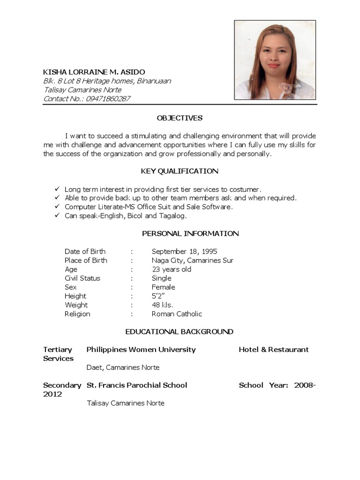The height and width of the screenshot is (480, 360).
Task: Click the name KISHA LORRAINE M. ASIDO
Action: (94, 72)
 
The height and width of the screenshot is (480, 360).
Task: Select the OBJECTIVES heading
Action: (180, 118)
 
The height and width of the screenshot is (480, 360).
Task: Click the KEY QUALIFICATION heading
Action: (180, 171)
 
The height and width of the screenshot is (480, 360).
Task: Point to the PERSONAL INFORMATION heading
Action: (190, 233)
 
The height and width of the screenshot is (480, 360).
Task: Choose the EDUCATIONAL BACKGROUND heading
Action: (180, 331)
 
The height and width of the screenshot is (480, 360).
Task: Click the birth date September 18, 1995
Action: (184, 251)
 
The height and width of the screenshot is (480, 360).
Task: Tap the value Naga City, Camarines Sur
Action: (192, 260)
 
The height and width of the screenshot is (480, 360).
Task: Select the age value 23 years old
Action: (172, 269)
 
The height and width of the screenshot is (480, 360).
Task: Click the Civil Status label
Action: (82, 278)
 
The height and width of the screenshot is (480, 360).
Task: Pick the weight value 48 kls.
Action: (162, 305)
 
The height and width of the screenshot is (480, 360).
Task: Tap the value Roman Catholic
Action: (177, 314)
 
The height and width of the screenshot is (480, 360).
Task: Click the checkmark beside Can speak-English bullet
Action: (57, 216)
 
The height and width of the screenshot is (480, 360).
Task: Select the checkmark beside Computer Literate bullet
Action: (57, 207)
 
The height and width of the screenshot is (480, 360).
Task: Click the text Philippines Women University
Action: (141, 349)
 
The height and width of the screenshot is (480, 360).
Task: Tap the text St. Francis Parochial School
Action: (137, 385)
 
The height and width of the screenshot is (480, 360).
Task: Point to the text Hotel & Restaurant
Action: (274, 349)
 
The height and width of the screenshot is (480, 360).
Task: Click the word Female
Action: (163, 287)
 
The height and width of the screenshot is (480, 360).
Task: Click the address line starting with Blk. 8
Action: (107, 81)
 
